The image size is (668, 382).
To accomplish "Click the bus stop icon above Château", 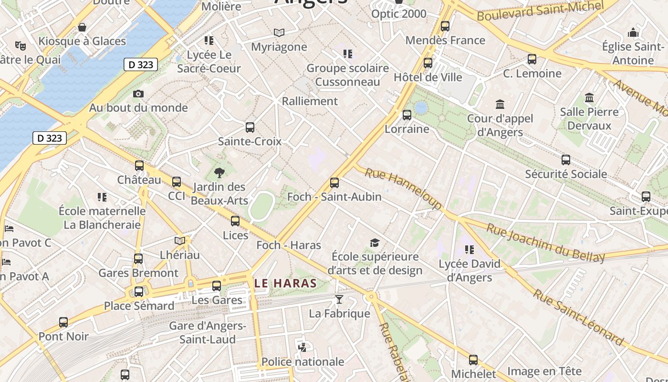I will click(139, 166).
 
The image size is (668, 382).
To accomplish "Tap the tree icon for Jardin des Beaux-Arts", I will click(219, 173).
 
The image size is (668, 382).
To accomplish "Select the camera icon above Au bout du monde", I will click(138, 94).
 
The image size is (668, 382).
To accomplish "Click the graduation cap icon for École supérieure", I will click(375, 243).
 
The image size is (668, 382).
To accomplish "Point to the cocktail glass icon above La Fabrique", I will click(339, 299).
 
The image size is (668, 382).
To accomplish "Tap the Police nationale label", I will click(303, 361).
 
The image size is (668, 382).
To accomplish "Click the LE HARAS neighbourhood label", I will click(285, 283).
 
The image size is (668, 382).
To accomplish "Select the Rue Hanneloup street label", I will click(403, 188).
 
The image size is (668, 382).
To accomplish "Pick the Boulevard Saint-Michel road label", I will click(541, 11).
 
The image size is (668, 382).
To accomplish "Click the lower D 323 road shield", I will click(50, 138).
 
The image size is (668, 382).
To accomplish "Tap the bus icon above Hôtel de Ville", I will click(428, 63).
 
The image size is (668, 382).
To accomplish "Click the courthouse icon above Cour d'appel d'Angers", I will click(500, 104).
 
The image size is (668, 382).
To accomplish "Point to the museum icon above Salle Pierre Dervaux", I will click(589, 98).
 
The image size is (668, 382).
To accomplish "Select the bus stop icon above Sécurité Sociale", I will click(566, 160).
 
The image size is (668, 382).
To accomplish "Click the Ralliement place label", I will click(310, 101).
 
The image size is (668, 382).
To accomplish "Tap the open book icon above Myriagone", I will click(279, 32).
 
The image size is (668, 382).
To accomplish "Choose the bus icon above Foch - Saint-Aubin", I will click(334, 182).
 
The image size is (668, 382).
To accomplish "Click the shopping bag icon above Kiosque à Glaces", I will click(82, 27).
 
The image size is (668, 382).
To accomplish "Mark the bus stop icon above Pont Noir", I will click(63, 322).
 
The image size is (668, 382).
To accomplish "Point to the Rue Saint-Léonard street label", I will click(578, 317).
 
